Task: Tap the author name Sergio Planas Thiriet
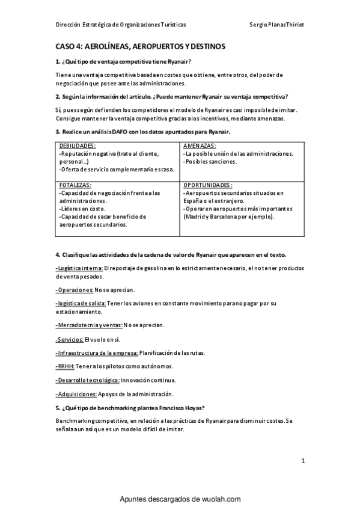(x=277, y=25)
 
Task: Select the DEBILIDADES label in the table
(x=78, y=146)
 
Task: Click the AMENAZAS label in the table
(x=200, y=146)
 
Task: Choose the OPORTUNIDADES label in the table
(x=207, y=185)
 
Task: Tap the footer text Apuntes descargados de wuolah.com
(x=180, y=499)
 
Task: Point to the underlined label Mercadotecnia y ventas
(x=89, y=325)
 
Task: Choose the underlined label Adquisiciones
(x=76, y=394)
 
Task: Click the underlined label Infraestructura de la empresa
(x=97, y=352)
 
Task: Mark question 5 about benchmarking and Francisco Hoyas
(x=130, y=407)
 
